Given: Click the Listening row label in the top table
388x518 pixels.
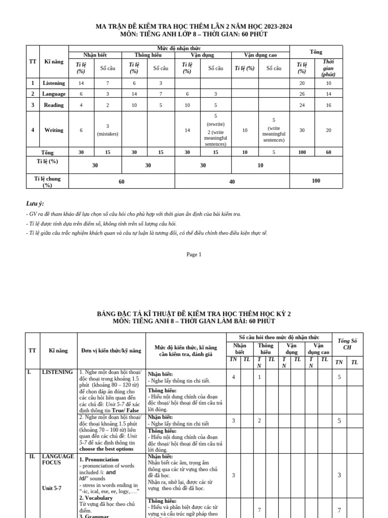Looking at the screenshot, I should [x=54, y=83].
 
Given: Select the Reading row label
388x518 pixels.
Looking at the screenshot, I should [x=54, y=105].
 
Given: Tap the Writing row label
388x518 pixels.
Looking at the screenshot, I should [x=54, y=130].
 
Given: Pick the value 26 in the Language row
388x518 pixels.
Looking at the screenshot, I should [x=302, y=94].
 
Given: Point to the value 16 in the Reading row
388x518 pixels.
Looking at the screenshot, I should [x=328, y=105].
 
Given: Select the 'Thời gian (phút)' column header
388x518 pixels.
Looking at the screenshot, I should [x=328, y=68].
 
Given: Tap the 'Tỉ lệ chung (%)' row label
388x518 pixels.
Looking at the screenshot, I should [x=47, y=182].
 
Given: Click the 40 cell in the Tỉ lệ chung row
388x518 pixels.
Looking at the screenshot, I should [x=232, y=181].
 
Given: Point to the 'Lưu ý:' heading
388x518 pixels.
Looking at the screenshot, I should [x=35, y=203].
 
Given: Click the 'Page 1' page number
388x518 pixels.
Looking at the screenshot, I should [x=193, y=254].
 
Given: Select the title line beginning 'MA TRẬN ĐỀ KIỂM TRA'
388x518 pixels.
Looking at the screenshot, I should [x=193, y=26].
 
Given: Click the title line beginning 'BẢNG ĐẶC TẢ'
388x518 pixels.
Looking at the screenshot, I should [x=193, y=314].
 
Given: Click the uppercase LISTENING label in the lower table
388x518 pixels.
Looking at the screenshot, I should [x=57, y=372].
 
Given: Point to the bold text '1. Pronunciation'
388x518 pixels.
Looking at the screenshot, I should [x=99, y=459].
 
